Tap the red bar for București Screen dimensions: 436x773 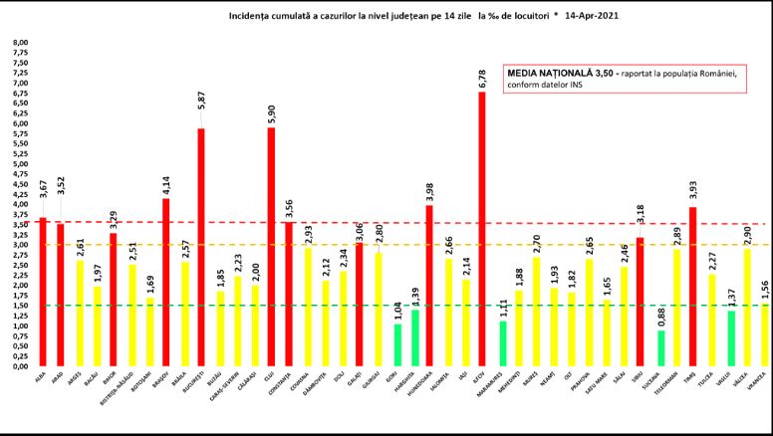[200, 248]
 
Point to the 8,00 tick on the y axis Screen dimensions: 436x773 [20, 42]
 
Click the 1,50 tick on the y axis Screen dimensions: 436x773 [20, 306]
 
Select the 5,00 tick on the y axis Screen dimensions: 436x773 [20, 163]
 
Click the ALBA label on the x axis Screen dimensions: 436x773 [40, 377]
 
